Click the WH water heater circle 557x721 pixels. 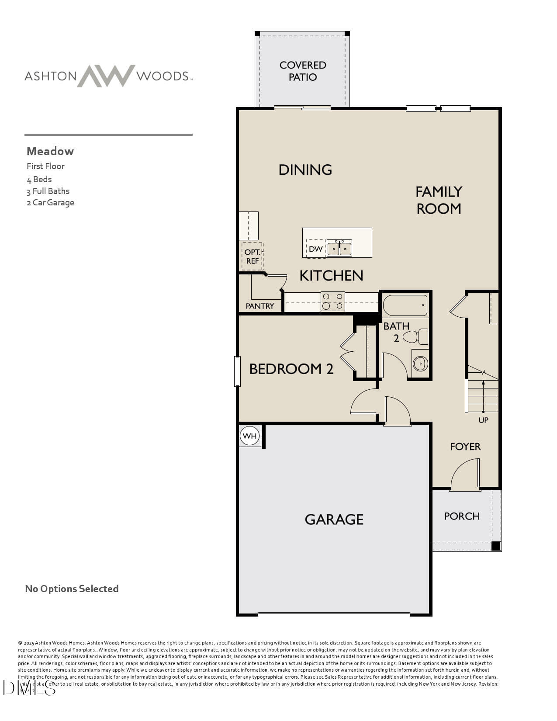(x=249, y=436)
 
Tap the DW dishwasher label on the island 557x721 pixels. (x=315, y=249)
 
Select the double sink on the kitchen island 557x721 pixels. (x=339, y=248)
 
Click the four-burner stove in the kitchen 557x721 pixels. (x=332, y=302)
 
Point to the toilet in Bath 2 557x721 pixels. (x=415, y=336)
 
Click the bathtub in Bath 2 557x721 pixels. (x=405, y=305)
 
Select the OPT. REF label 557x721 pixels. (x=252, y=257)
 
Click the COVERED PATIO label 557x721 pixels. (x=303, y=71)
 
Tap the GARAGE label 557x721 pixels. (x=334, y=519)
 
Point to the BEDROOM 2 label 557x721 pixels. (x=291, y=369)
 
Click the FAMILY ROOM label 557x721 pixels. (x=439, y=200)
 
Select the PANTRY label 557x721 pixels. (x=259, y=306)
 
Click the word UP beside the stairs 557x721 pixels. (x=483, y=420)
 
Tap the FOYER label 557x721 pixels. (x=465, y=446)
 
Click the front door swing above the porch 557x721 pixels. (x=466, y=475)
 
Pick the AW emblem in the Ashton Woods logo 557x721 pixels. (x=106, y=76)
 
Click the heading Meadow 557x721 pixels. (x=50, y=151)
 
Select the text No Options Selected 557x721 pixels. (x=72, y=589)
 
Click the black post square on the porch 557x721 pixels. (x=495, y=545)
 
